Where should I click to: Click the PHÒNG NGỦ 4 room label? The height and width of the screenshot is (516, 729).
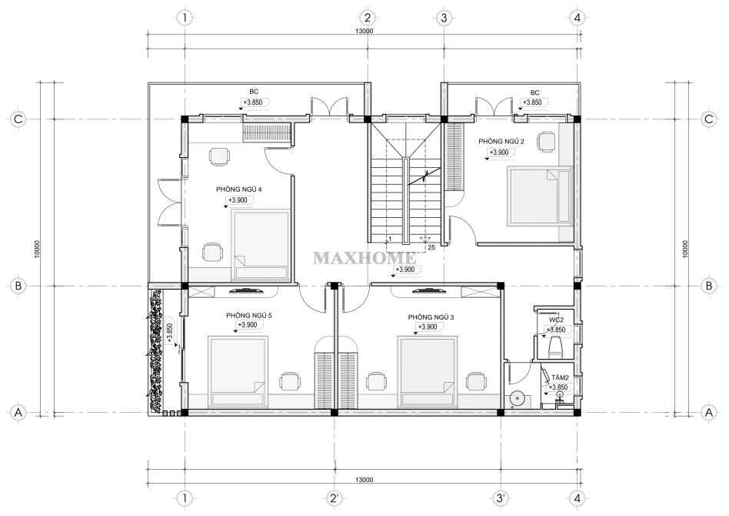pyautogui.click(x=239, y=189)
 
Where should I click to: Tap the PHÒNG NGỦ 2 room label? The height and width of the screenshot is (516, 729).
pyautogui.click(x=501, y=141)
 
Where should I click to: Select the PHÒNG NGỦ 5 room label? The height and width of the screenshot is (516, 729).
pyautogui.click(x=249, y=316)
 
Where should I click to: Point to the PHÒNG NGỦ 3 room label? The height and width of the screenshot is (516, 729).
pyautogui.click(x=431, y=317)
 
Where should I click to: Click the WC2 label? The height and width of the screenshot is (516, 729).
pyautogui.click(x=557, y=320)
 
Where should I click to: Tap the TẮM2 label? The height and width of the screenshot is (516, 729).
pyautogui.click(x=561, y=377)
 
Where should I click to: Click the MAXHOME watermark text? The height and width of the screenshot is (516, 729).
pyautogui.click(x=364, y=257)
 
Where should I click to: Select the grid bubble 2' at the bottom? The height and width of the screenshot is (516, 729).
pyautogui.click(x=334, y=498)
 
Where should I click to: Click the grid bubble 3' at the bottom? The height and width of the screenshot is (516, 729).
pyautogui.click(x=501, y=498)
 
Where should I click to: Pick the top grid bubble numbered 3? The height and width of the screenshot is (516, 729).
pyautogui.click(x=444, y=18)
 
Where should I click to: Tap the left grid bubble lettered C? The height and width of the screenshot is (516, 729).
pyautogui.click(x=18, y=119)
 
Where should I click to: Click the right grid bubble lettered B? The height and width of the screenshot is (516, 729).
pyautogui.click(x=709, y=286)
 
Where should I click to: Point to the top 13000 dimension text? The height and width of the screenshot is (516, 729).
pyautogui.click(x=364, y=32)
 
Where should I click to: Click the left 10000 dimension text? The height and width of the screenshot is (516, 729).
pyautogui.click(x=37, y=250)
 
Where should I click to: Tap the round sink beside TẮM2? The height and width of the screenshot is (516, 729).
pyautogui.click(x=518, y=399)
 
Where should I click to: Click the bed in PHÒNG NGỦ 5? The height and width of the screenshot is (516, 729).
pyautogui.click(x=238, y=372)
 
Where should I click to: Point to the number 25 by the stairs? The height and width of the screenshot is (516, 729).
pyautogui.click(x=431, y=248)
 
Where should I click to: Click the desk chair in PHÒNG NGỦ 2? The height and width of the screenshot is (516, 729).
pyautogui.click(x=546, y=141)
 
